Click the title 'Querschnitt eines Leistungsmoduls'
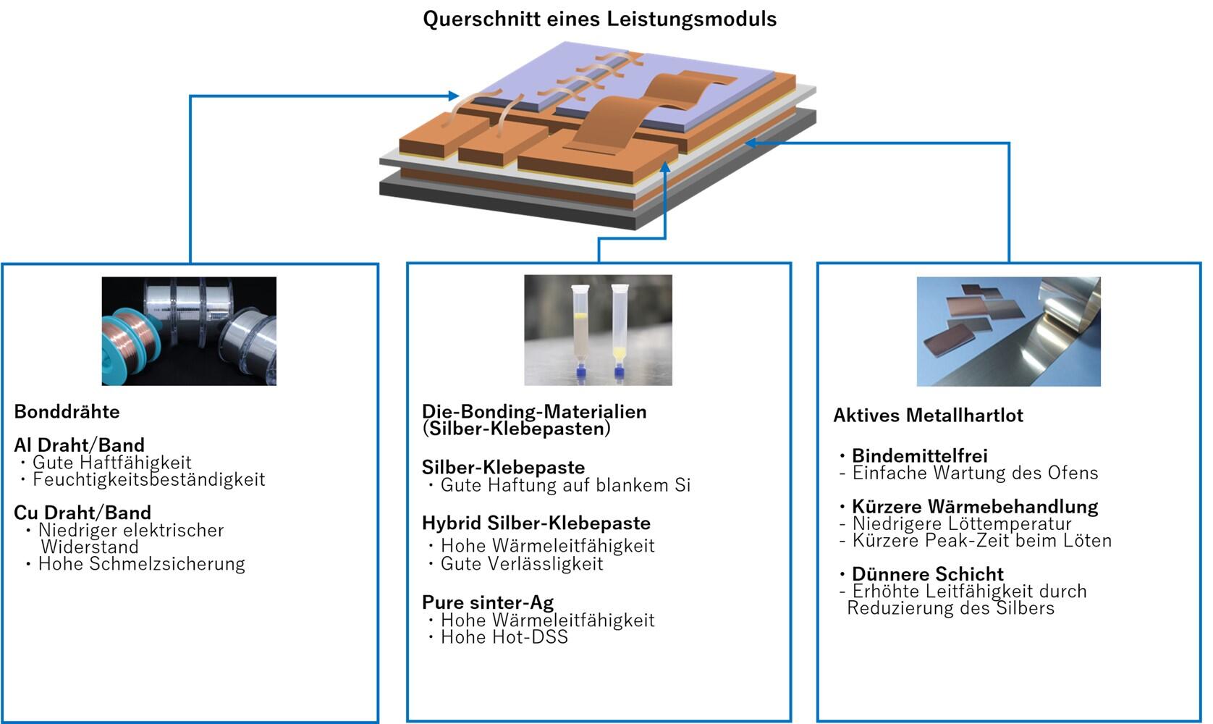coord(599,20)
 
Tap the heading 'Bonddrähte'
coord(67,411)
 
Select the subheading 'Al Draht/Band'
coord(79,445)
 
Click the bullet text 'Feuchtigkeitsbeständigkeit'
coord(149,479)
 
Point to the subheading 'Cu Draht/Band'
coord(83,513)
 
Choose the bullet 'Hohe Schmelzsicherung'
coord(142,564)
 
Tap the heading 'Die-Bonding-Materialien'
coord(534,411)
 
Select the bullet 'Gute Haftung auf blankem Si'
coord(565,485)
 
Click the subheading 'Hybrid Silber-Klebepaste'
coord(536,523)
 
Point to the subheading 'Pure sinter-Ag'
coord(488,602)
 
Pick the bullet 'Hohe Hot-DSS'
coord(504,637)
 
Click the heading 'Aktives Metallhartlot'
coord(928,416)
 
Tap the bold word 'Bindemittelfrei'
coord(919,455)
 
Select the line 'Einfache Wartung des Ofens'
coord(976,473)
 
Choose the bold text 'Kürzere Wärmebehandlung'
coord(975,507)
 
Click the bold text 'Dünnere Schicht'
coord(928,574)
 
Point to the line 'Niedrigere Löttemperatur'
coord(962,523)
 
